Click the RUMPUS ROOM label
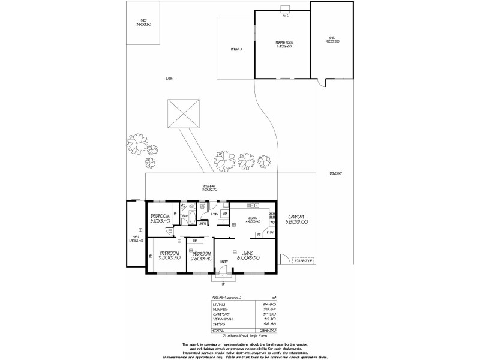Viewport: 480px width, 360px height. [283, 44]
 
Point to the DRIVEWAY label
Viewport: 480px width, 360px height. [335, 173]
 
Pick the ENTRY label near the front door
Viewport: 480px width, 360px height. [223, 262]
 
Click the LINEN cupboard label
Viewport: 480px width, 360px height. [202, 224]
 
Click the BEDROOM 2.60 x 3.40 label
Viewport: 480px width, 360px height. [199, 256]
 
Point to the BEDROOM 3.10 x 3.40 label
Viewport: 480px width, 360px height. [161, 218]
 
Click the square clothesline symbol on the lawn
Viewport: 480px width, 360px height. [182, 112]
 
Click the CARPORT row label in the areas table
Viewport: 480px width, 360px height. [221, 313]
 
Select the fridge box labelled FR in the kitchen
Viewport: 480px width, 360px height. [259, 235]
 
